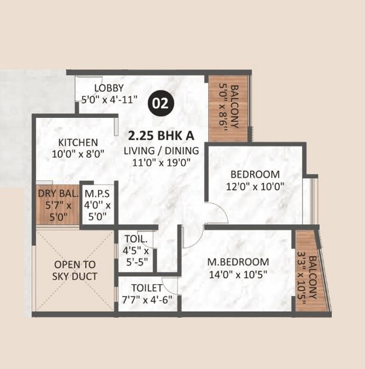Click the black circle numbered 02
click(160, 103)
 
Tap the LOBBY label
click(109, 88)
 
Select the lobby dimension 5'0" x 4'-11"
click(109, 99)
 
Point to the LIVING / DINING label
click(161, 151)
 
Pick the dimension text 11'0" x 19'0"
click(161, 163)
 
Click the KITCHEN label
click(78, 142)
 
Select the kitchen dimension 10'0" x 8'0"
click(78, 154)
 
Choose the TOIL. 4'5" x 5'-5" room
click(137, 251)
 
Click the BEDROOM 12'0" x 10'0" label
click(254, 180)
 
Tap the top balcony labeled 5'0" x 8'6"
click(228, 108)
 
